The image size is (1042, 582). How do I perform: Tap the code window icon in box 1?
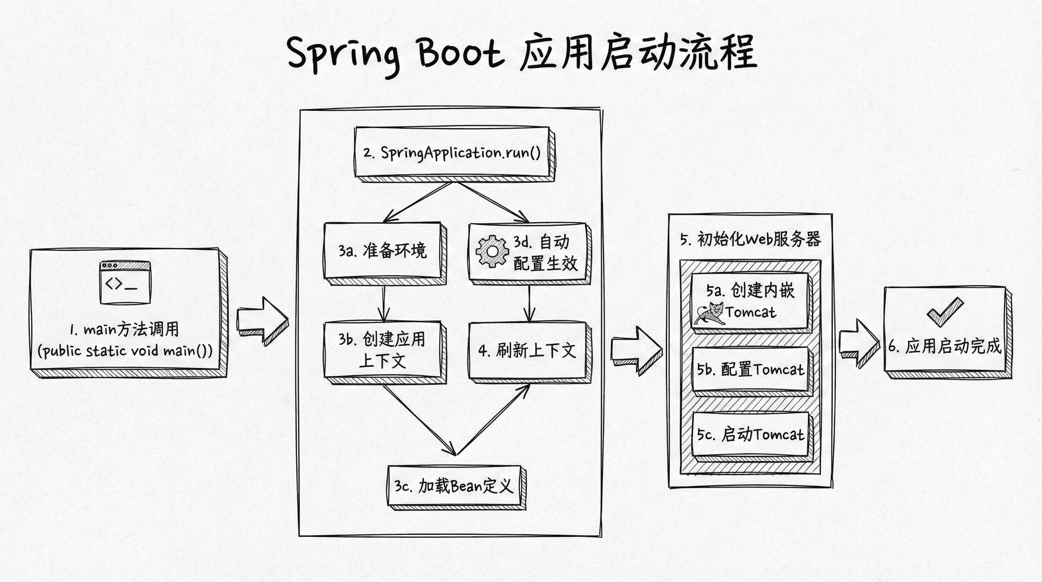(x=125, y=282)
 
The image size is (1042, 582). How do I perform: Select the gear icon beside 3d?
(x=492, y=251)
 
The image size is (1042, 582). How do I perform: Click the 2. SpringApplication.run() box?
(x=452, y=153)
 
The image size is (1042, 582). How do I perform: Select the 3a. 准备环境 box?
(x=382, y=250)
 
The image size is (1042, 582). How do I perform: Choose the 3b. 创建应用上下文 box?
(x=382, y=350)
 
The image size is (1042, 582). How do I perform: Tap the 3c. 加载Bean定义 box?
(x=454, y=486)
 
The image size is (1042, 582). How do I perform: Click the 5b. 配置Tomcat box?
(x=751, y=370)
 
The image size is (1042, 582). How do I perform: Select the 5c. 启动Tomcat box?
(x=751, y=435)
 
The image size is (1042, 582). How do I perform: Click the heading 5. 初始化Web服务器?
(x=751, y=239)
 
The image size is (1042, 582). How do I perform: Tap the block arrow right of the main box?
(x=262, y=321)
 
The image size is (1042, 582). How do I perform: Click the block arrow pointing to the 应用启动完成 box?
(x=859, y=343)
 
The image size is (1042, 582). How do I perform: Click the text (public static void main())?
(x=125, y=351)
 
